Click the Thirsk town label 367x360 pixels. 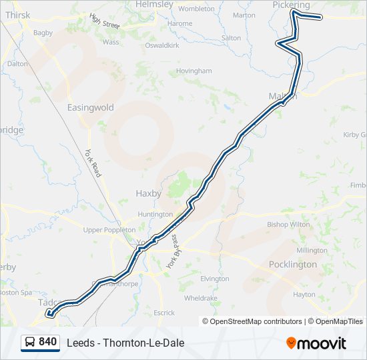(17, 15)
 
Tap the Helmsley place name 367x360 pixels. (154, 4)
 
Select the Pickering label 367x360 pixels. (292, 4)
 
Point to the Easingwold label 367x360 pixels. (91, 107)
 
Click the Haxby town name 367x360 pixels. (149, 193)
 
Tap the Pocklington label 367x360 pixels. (293, 265)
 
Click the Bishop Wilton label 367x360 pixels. (289, 225)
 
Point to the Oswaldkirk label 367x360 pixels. (164, 46)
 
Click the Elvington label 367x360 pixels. (215, 279)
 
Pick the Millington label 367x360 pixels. (312, 250)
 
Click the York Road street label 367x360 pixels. (92, 163)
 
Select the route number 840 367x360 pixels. (47, 342)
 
